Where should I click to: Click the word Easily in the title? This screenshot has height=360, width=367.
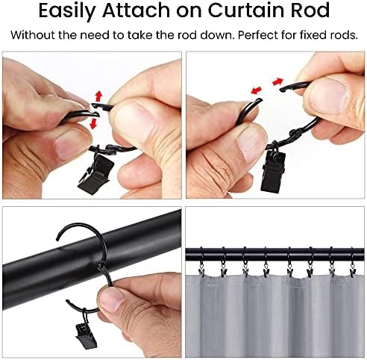click(x=77, y=13)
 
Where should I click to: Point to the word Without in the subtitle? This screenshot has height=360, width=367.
click(x=36, y=35)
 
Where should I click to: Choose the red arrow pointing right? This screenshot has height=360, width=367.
click(x=279, y=81)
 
